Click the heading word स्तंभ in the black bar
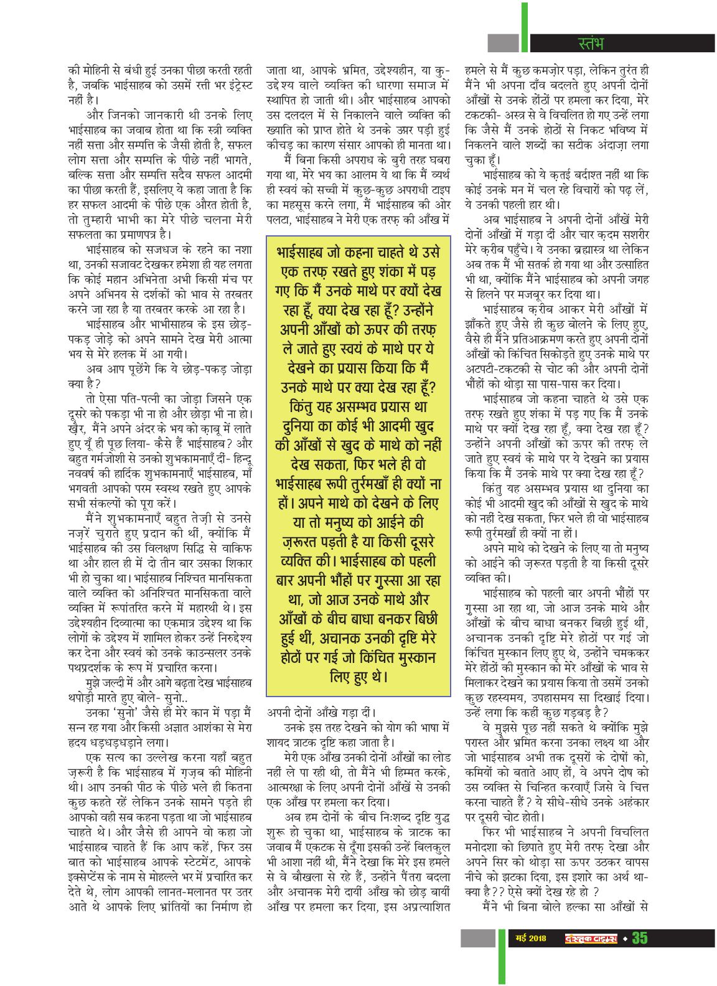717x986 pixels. (x=591, y=43)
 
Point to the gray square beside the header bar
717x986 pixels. (x=503, y=43)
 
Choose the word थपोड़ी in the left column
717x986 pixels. (x=88, y=697)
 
